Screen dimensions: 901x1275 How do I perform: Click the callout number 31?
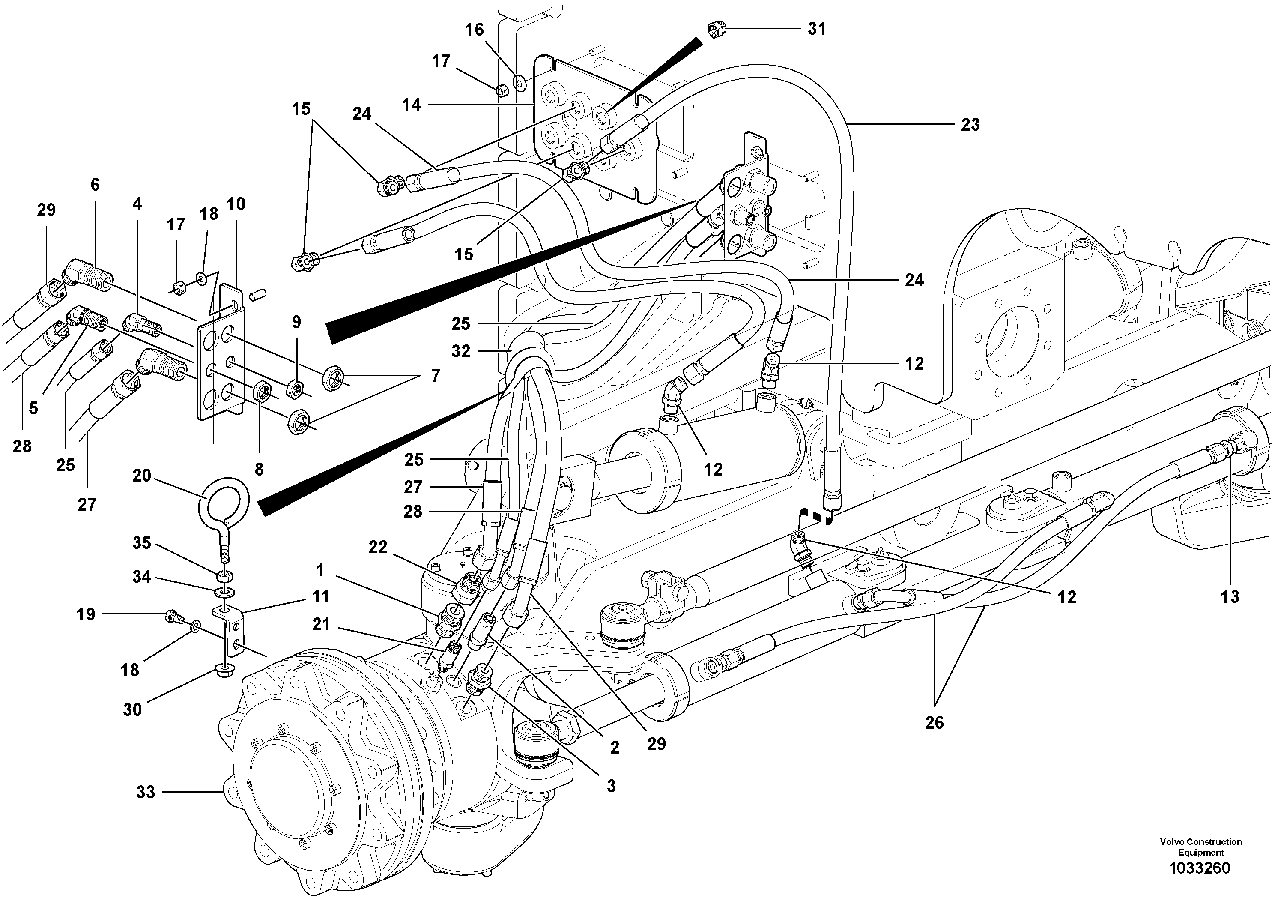tap(816, 29)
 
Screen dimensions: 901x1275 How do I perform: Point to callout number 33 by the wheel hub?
tap(146, 792)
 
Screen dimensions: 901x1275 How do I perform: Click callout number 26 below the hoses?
tap(934, 722)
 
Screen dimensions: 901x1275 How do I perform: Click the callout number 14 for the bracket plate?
tap(412, 105)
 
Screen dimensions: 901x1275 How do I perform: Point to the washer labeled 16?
tap(520, 83)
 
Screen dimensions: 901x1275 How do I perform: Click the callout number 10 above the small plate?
tap(236, 204)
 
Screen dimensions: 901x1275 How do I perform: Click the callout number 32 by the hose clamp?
tap(461, 351)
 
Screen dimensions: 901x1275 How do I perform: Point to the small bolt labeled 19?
tap(173, 616)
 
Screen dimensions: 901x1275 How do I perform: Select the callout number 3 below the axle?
tap(611, 786)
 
